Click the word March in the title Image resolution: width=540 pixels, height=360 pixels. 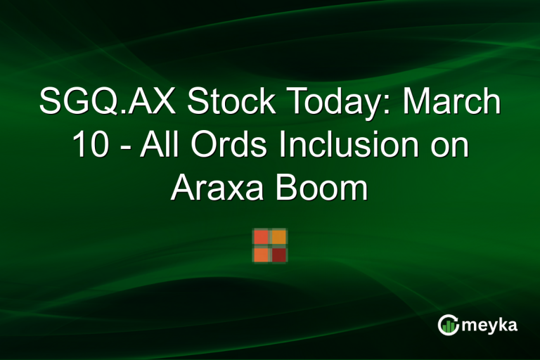[x=454, y=103]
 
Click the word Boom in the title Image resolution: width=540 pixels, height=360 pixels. [x=326, y=189]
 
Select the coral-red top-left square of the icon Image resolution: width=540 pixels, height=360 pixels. [x=261, y=237]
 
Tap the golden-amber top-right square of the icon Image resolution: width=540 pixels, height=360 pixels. [x=278, y=237]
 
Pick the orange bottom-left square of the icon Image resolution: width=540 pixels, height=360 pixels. [x=261, y=254]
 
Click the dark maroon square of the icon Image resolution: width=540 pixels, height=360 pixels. [x=278, y=254]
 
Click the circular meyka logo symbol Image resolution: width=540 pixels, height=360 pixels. [x=448, y=324]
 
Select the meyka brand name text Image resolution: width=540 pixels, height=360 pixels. [x=490, y=325]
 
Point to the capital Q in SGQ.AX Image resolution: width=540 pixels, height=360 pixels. [x=105, y=103]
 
